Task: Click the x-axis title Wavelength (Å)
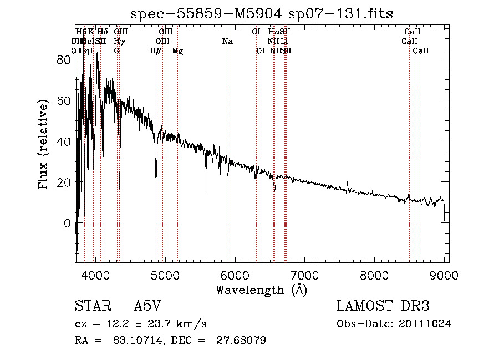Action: point(261,289)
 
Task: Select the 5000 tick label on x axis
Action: point(165,274)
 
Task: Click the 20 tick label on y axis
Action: point(64,182)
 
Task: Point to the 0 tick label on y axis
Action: point(68,224)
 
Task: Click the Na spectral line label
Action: point(227,42)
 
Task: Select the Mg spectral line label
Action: point(177,51)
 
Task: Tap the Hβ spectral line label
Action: point(155,51)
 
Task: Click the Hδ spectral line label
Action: point(103,32)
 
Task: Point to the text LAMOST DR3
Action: point(383,306)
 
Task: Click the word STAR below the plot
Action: point(92,306)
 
